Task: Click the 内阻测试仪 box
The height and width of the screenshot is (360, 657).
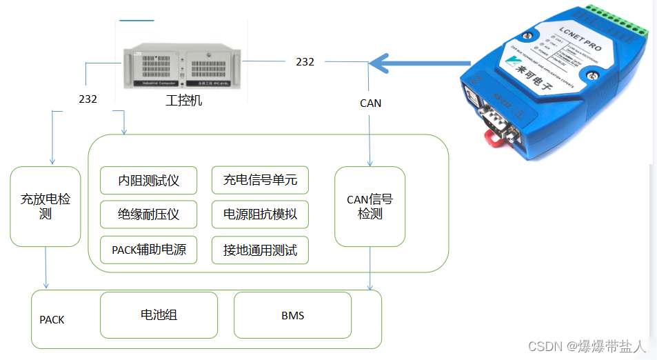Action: pyautogui.click(x=148, y=181)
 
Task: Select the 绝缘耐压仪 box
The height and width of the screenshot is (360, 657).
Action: pyautogui.click(x=148, y=214)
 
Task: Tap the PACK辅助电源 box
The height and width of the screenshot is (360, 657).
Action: pyautogui.click(x=148, y=250)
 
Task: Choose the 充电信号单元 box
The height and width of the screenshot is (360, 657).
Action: pyautogui.click(x=260, y=181)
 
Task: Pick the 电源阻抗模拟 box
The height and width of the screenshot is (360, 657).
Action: pyautogui.click(x=260, y=214)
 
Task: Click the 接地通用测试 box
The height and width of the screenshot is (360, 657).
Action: pyautogui.click(x=260, y=250)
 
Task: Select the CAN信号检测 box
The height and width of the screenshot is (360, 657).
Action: pyautogui.click(x=370, y=207)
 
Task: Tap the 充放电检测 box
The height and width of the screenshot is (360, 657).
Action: pyautogui.click(x=46, y=207)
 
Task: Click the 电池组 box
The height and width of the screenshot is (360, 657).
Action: pyautogui.click(x=159, y=315)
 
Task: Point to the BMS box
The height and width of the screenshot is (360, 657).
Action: pyautogui.click(x=292, y=315)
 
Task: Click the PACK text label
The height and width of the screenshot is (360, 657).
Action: pyautogui.click(x=52, y=320)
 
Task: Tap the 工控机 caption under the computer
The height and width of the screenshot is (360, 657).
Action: pyautogui.click(x=184, y=101)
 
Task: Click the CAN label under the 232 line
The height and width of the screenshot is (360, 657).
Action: pyautogui.click(x=370, y=103)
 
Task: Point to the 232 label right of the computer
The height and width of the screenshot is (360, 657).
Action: pyautogui.click(x=305, y=62)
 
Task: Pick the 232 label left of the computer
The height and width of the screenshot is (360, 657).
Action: pyautogui.click(x=88, y=99)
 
